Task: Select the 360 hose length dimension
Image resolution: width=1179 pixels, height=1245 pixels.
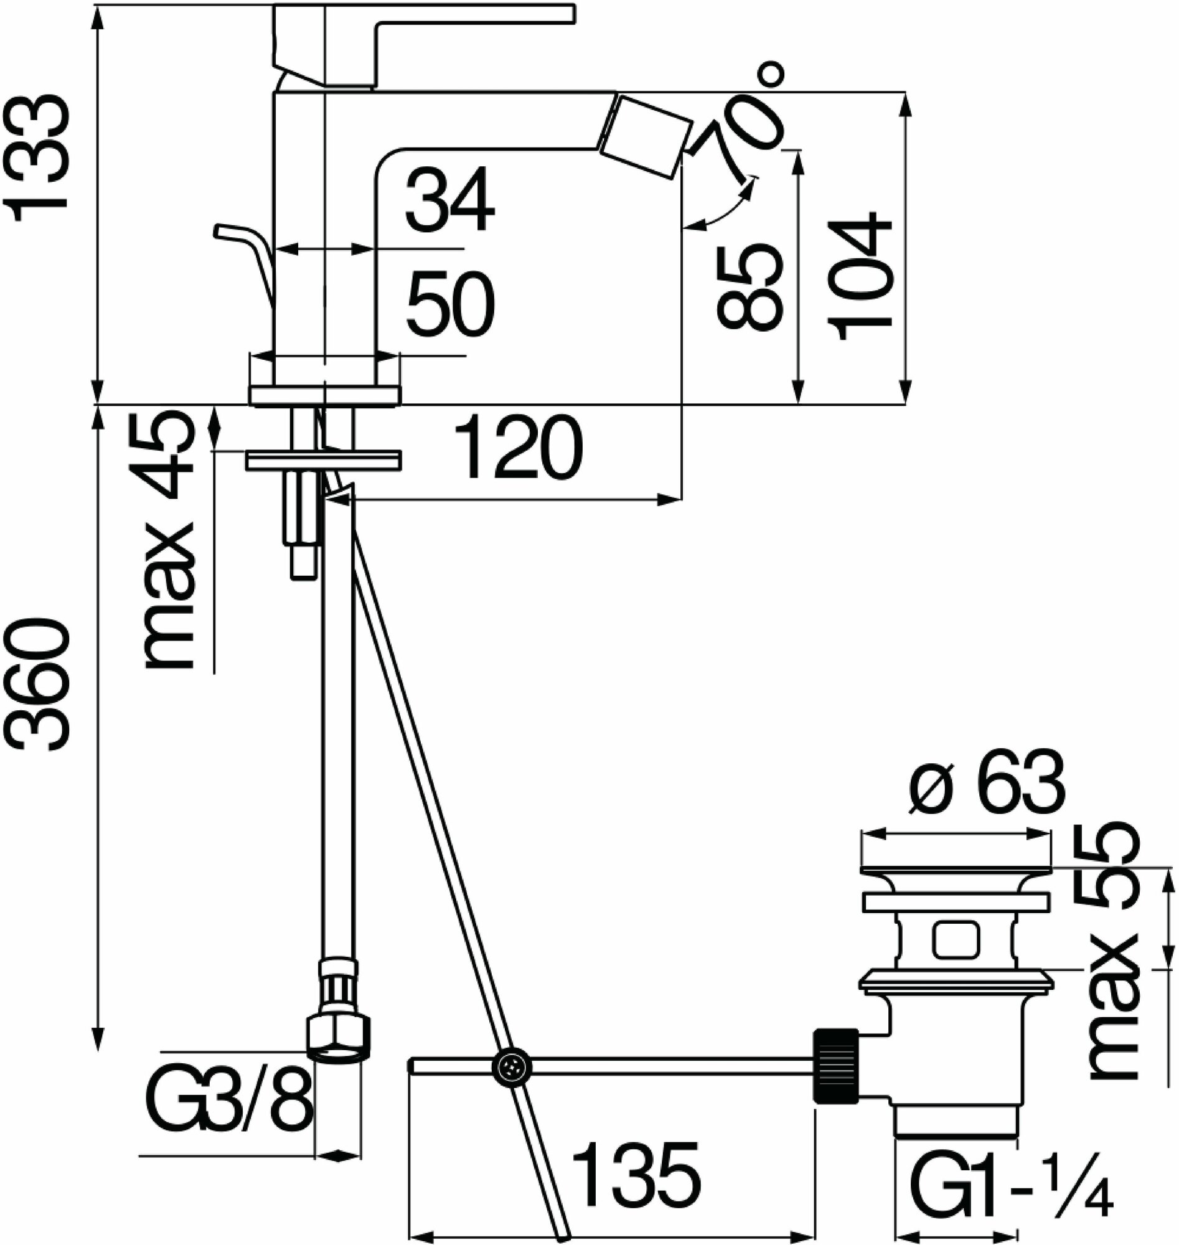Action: (39, 685)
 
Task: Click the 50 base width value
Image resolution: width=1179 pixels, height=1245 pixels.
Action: (450, 306)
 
